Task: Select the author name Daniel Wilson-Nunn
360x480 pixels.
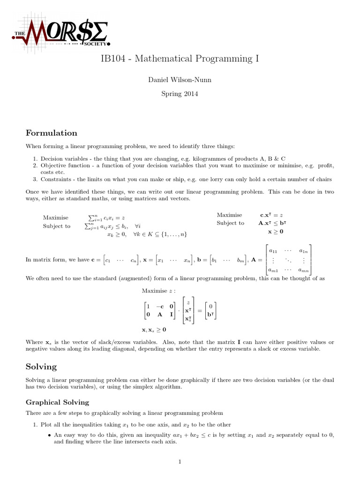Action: point(180,80)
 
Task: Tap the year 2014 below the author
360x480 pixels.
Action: point(190,94)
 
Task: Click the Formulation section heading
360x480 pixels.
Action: point(52,133)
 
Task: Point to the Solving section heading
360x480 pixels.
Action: point(41,367)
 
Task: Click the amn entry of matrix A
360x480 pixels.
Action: point(306,270)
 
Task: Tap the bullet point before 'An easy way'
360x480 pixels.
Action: point(49,435)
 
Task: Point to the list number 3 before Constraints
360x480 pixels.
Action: point(35,179)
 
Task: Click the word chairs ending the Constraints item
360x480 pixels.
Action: point(323,179)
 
